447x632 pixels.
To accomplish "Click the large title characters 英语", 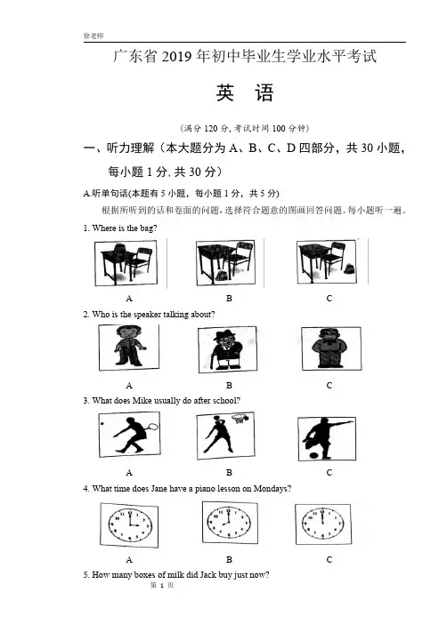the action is [x=245, y=93].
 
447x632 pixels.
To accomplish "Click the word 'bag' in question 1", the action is [x=147, y=228].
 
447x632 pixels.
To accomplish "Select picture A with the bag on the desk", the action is [x=126, y=263].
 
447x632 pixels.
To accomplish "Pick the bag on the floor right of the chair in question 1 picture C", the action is [x=349, y=268].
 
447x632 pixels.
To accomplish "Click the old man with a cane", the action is [x=226, y=350].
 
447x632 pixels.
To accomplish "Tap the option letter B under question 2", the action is [x=229, y=386].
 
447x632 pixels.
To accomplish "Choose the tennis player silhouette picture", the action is [x=129, y=435].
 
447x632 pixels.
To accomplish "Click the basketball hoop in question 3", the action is [x=239, y=419].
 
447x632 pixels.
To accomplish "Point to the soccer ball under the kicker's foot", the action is [x=314, y=455].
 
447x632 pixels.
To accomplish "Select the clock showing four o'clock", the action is [x=129, y=525].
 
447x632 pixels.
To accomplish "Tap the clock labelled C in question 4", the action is [x=323, y=524].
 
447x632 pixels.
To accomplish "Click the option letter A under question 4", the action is [x=129, y=559].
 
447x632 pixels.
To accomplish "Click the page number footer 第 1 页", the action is [x=161, y=585].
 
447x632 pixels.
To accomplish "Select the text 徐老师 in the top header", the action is [x=93, y=36].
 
